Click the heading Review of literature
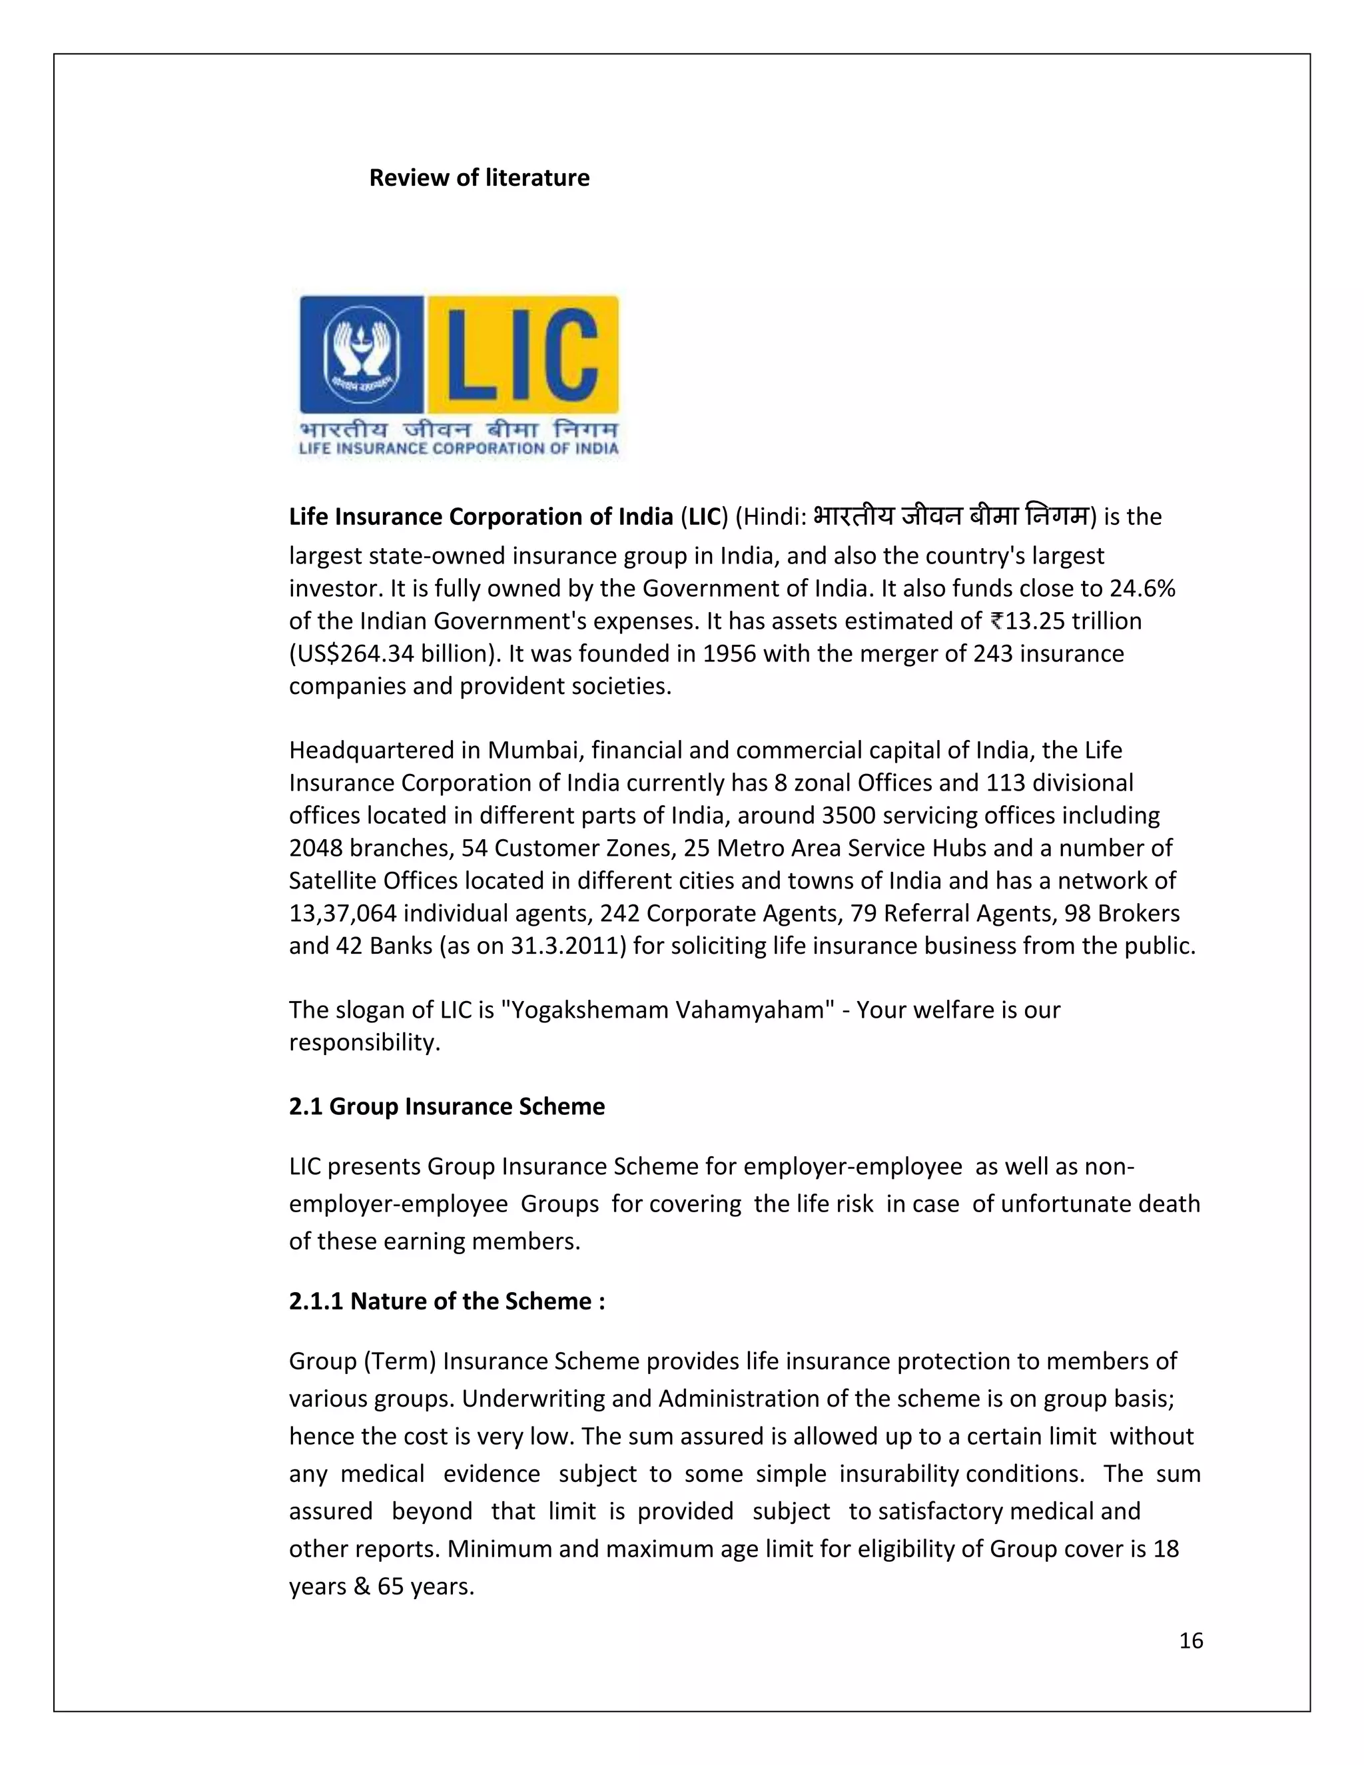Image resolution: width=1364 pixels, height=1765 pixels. coord(479,178)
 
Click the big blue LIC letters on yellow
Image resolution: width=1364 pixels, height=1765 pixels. coord(523,355)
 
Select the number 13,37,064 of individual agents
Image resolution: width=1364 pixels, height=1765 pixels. coord(342,913)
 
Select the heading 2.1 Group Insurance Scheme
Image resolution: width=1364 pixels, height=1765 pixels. coord(447,1106)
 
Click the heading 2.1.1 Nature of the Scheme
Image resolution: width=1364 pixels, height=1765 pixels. coord(447,1301)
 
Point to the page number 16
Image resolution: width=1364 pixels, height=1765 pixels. coord(1191,1640)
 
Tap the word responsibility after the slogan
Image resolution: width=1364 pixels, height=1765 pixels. coord(364,1042)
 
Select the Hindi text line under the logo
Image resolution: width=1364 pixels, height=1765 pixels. coord(458,428)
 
